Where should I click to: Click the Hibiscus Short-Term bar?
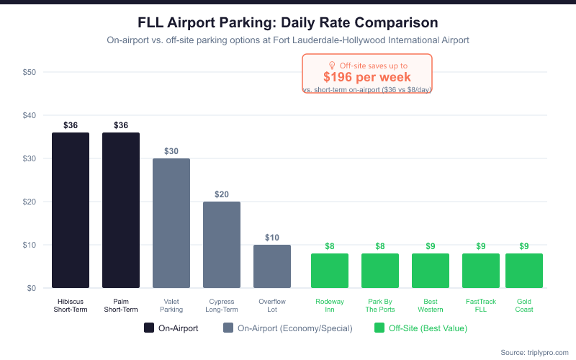click(x=71, y=210)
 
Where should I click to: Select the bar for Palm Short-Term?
click(x=121, y=210)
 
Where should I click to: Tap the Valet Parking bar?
click(x=171, y=223)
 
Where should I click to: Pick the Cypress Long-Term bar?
click(x=222, y=245)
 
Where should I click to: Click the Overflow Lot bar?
click(x=272, y=266)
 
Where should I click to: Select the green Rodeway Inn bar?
click(x=330, y=271)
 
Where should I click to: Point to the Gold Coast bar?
click(x=524, y=271)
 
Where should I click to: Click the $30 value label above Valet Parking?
click(x=171, y=151)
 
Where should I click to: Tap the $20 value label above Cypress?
click(x=222, y=194)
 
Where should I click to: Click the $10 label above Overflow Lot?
click(x=272, y=238)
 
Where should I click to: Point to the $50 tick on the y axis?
click(x=30, y=72)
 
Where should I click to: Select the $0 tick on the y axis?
click(x=32, y=288)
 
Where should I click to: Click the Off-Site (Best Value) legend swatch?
click(x=379, y=328)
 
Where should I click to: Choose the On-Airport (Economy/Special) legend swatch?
click(x=228, y=328)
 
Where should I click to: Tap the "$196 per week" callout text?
click(x=366, y=77)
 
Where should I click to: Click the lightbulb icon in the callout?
click(x=332, y=66)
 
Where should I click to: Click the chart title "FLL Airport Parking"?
click(x=287, y=23)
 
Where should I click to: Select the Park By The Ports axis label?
click(x=380, y=305)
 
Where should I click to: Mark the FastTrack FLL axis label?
click(x=481, y=305)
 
